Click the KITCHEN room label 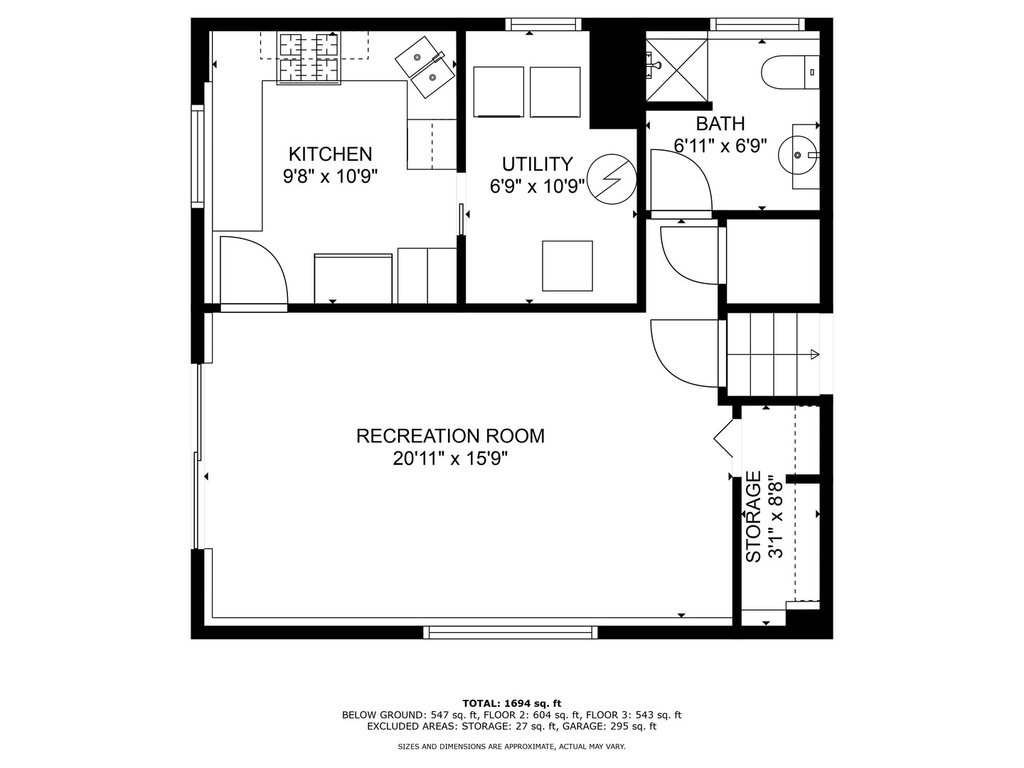coord(330,154)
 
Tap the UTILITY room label coord(537,164)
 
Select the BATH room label coord(720,124)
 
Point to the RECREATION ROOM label coord(450,436)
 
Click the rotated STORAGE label coord(753,517)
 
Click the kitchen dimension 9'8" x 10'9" coord(330,177)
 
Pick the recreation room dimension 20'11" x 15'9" coord(449,459)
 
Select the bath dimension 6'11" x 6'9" coord(720,146)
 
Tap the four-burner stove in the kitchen coord(309,58)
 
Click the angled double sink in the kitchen coord(425,68)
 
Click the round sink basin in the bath coord(798,155)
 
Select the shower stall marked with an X coord(677,70)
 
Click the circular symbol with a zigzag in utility coord(612,179)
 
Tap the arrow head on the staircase coord(815,354)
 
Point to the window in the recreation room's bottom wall coord(511,632)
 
